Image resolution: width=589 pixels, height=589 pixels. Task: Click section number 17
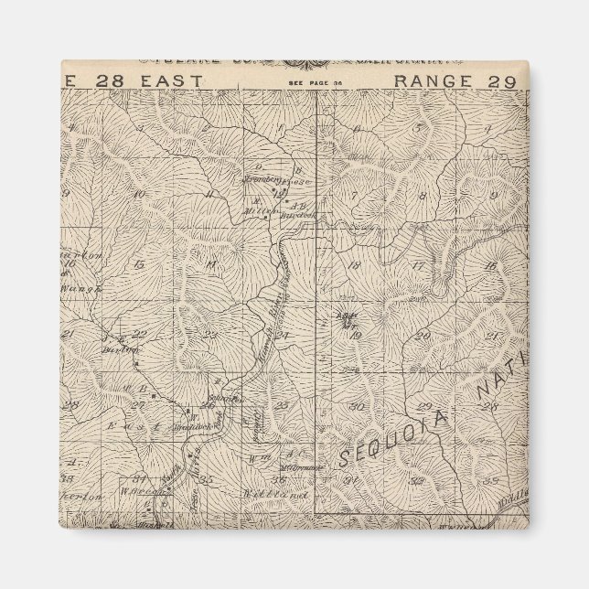click(418, 266)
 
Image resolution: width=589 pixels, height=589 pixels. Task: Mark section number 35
click(209, 477)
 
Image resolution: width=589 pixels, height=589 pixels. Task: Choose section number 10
click(138, 194)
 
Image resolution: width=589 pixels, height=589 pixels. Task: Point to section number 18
click(354, 266)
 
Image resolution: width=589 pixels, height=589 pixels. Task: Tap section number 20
click(422, 336)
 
